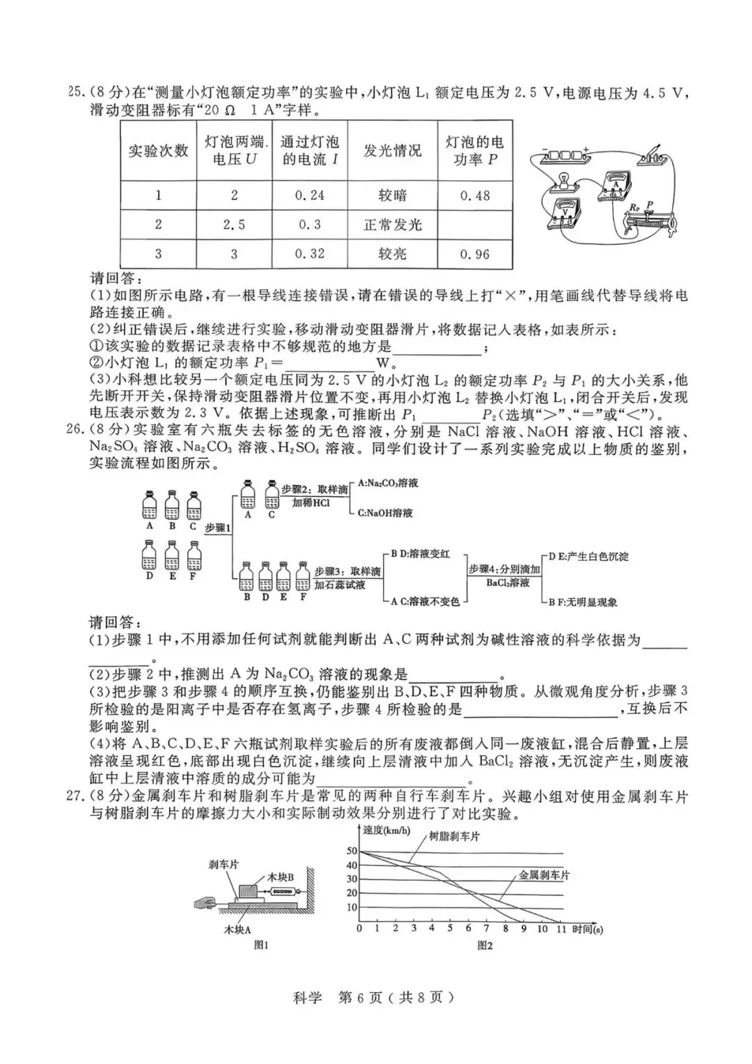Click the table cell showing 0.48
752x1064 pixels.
475,196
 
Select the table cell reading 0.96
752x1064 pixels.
475,254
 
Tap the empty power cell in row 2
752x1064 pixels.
475,225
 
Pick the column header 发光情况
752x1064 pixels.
392,151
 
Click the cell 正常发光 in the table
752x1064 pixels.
392,225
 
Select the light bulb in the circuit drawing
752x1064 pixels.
562,180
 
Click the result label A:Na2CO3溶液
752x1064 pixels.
387,483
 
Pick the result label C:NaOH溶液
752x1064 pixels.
385,513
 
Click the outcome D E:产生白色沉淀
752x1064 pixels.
588,556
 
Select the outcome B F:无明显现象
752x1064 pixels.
583,602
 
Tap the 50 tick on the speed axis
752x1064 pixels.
351,851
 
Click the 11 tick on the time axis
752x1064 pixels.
561,928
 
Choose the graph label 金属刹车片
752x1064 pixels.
544,875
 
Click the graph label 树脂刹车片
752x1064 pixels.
454,836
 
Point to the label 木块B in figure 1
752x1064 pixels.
281,877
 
